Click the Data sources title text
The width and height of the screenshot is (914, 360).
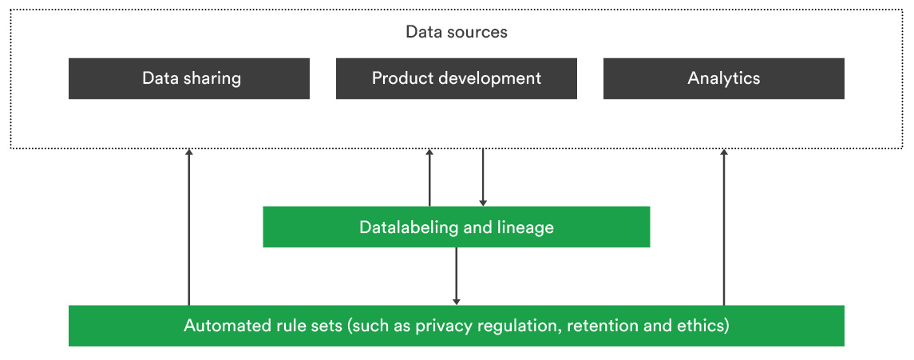pyautogui.click(x=457, y=31)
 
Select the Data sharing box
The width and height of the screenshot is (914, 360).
pyautogui.click(x=189, y=79)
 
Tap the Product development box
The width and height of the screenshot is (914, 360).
pyautogui.click(x=457, y=79)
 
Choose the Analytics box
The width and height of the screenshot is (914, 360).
pyautogui.click(x=724, y=79)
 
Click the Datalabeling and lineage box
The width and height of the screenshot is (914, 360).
pyautogui.click(x=457, y=227)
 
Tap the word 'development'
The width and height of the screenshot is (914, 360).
pyautogui.click(x=484, y=79)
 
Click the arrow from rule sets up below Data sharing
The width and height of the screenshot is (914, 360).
pyautogui.click(x=189, y=227)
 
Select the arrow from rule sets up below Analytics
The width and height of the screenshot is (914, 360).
pyautogui.click(x=724, y=227)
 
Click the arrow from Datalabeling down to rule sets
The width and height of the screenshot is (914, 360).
pyautogui.click(x=457, y=276)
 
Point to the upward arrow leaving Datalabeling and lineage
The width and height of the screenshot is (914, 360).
pyautogui.click(x=429, y=177)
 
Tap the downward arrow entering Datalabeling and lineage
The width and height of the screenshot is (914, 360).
pyautogui.click(x=483, y=177)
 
